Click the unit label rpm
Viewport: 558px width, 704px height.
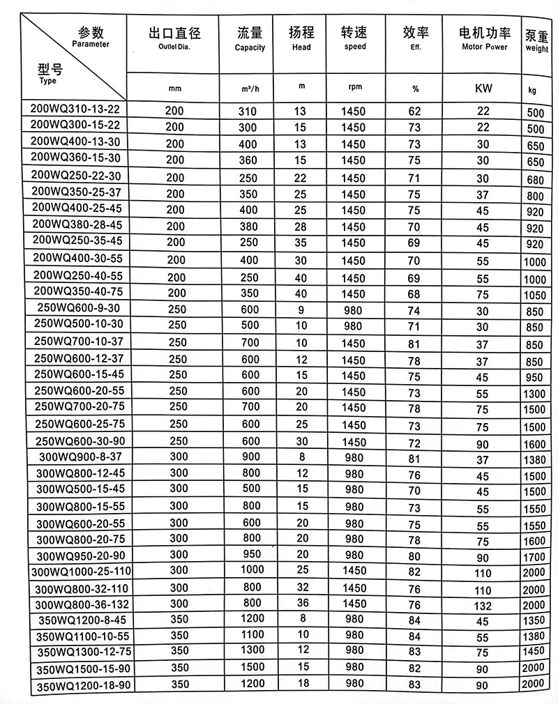pyautogui.click(x=354, y=88)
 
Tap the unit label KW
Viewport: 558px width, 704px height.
pyautogui.click(x=483, y=89)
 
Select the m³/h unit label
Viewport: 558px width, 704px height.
pyautogui.click(x=250, y=89)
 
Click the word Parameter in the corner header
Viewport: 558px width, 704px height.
pyautogui.click(x=91, y=43)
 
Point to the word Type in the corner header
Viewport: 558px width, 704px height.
pyautogui.click(x=48, y=81)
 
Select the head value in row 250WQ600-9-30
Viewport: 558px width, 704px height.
pyautogui.click(x=301, y=309)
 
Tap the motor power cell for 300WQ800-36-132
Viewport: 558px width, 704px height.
pyautogui.click(x=483, y=604)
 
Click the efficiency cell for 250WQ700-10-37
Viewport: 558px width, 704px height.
pyautogui.click(x=415, y=343)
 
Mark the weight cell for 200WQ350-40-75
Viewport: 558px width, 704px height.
pyautogui.click(x=535, y=296)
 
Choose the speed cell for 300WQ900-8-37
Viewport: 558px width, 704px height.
pyautogui.click(x=354, y=457)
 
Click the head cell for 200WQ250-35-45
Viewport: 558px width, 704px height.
pyautogui.click(x=301, y=243)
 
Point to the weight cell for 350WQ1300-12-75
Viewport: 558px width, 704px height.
pyautogui.click(x=535, y=651)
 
